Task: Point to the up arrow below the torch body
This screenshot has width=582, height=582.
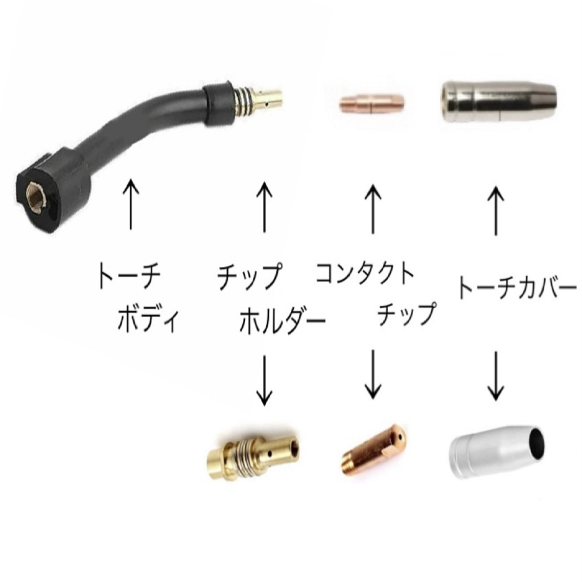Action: click(x=130, y=204)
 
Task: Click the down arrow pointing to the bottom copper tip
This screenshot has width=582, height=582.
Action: click(x=373, y=373)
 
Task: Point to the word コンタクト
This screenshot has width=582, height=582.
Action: click(x=364, y=275)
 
